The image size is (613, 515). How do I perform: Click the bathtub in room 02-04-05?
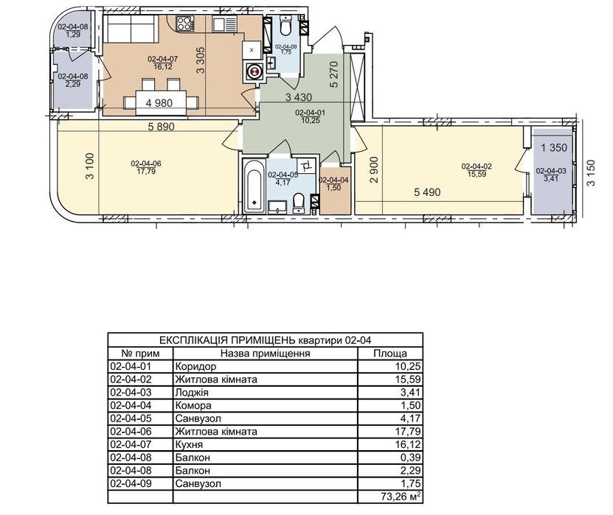tap(254, 186)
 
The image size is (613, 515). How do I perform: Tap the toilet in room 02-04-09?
tap(286, 26)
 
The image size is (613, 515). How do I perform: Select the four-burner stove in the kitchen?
tap(185, 24)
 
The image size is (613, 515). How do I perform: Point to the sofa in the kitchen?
tap(131, 27)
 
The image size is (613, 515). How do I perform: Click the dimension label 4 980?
tap(159, 103)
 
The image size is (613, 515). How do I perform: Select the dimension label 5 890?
tap(161, 127)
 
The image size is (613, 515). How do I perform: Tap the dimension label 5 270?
tap(334, 74)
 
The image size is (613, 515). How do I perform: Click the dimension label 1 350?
tap(553, 147)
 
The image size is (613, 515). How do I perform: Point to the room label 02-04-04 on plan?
tap(334, 180)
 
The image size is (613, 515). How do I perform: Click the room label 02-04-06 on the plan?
tap(146, 164)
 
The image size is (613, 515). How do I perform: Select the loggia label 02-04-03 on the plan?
tap(551, 171)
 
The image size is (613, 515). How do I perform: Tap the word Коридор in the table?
tap(195, 367)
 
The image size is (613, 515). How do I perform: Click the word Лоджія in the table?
tap(192, 393)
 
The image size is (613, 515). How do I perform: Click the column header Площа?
tap(390, 354)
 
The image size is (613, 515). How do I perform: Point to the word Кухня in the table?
tap(189, 445)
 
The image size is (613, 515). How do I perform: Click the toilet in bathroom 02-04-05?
tap(299, 203)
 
